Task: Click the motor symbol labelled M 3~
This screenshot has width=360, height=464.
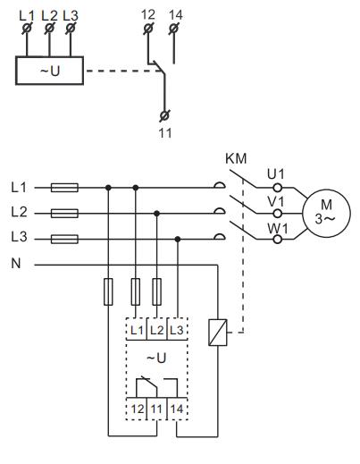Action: click(322, 212)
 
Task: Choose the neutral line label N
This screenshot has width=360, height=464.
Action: click(16, 266)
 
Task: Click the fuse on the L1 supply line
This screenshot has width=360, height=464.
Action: click(65, 188)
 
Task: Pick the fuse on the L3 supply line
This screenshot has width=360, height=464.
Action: click(65, 239)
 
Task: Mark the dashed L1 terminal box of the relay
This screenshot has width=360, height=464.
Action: click(136, 330)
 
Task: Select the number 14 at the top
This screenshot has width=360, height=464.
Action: click(174, 14)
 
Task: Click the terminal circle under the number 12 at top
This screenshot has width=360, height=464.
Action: click(148, 30)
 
